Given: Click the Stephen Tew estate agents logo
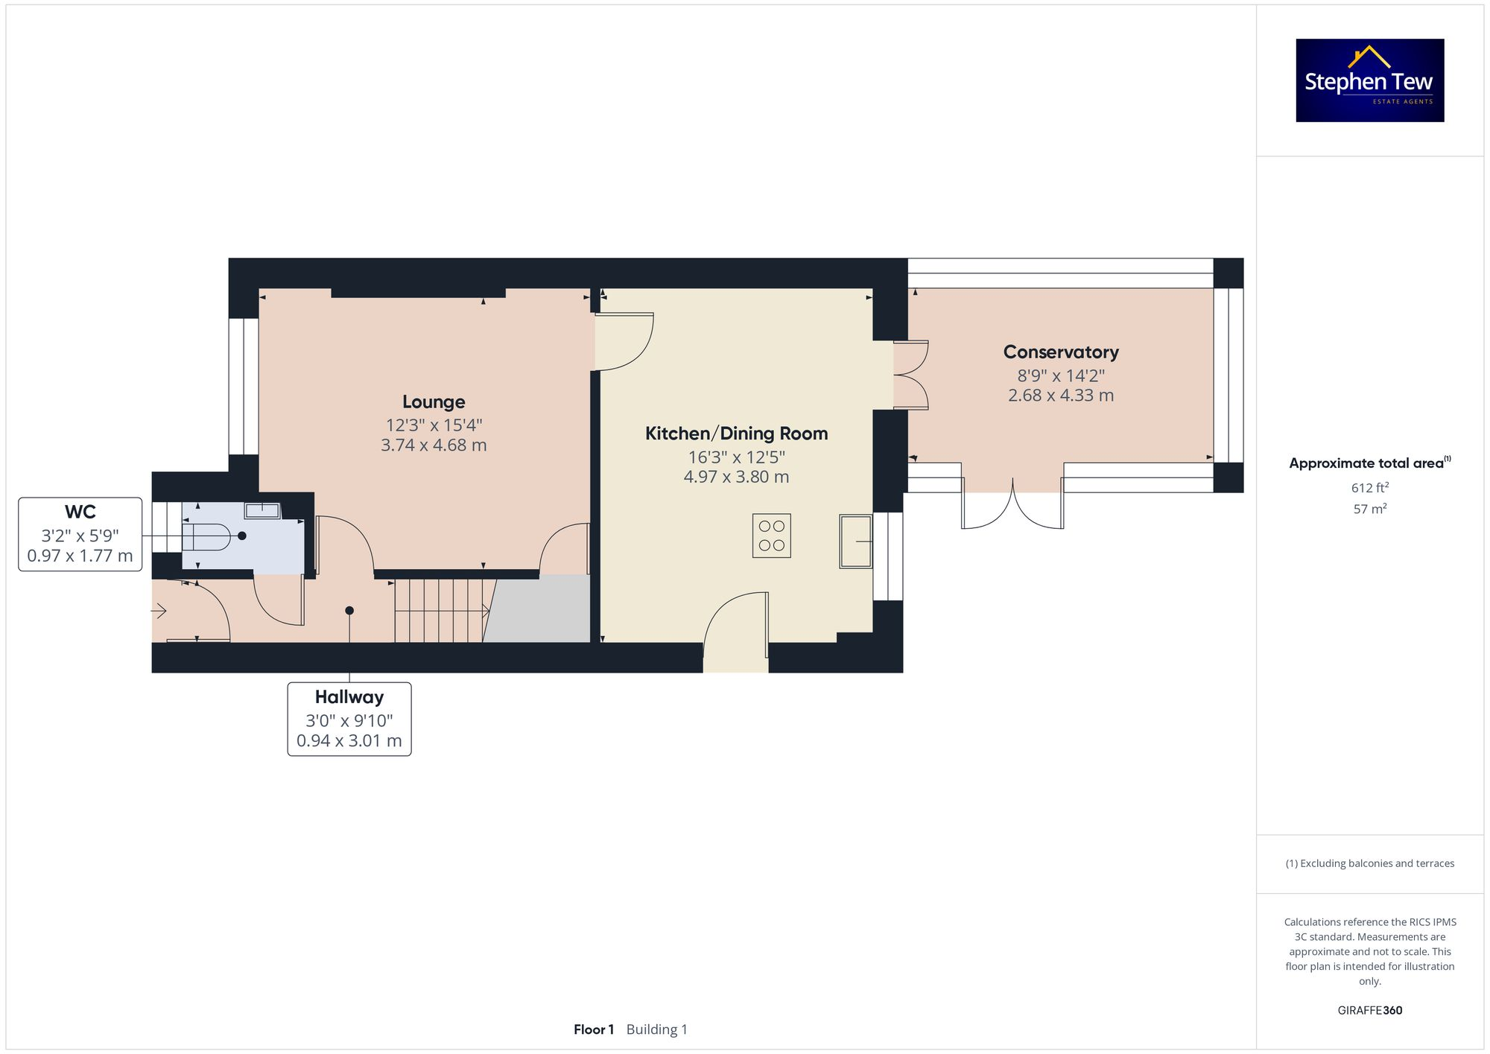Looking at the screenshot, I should [x=1369, y=80].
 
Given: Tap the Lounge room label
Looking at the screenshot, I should [x=434, y=402].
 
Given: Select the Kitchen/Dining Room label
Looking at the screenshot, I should [x=736, y=434].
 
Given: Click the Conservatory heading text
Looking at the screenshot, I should [x=1060, y=352].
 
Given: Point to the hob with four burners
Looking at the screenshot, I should [x=771, y=536].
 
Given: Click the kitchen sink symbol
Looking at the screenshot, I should [x=855, y=542].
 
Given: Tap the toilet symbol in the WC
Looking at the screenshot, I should [x=206, y=536].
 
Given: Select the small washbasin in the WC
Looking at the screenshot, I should [x=261, y=511].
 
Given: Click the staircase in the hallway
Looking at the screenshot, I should [x=440, y=611].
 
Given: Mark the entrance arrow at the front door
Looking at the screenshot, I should [x=159, y=612].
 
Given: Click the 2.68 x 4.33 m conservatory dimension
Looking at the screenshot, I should [x=1060, y=396].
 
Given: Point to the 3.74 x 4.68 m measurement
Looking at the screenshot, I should [x=434, y=445].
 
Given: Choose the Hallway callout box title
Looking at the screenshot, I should [x=349, y=697].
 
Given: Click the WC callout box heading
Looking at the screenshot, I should [x=80, y=512].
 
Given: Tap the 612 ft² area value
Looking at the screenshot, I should [x=1369, y=488].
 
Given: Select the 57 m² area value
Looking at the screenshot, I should [x=1369, y=509].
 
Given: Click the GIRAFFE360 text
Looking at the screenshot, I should [x=1369, y=1011].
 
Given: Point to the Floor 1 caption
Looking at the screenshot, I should [x=593, y=1029].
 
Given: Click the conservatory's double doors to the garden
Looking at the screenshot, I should [x=1012, y=507].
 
